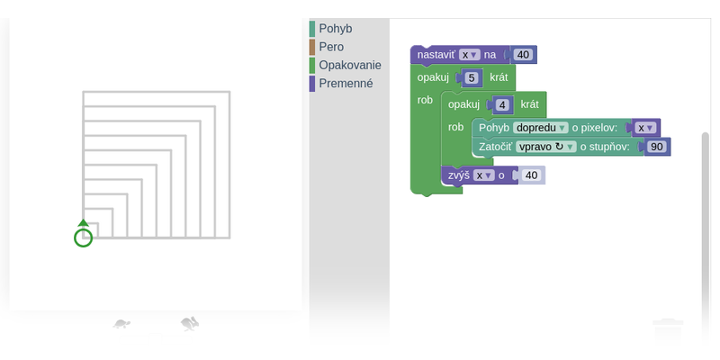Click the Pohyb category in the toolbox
tap(335, 29)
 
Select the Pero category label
tap(331, 47)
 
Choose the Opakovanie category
tap(350, 65)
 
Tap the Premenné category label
tap(346, 84)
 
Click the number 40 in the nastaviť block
tap(523, 55)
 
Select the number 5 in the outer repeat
tap(472, 77)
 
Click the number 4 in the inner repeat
tap(502, 105)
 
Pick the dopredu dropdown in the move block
tap(541, 128)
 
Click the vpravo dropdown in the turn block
tap(546, 147)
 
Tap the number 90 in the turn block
tap(657, 147)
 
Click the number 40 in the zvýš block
tap(531, 175)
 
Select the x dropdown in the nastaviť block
tap(469, 55)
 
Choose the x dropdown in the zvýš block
tap(484, 175)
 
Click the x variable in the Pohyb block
tap(645, 128)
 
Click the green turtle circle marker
tap(83, 238)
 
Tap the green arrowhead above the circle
tap(83, 222)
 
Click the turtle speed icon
tap(121, 324)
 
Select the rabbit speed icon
tap(190, 324)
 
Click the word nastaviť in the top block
tap(436, 55)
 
